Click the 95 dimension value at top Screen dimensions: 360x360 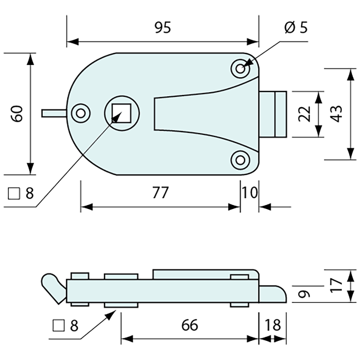click(x=163, y=28)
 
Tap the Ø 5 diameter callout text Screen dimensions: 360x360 click(x=296, y=28)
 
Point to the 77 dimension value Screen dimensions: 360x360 click(x=160, y=193)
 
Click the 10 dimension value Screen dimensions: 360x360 click(x=250, y=193)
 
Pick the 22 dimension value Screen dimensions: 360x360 click(x=304, y=114)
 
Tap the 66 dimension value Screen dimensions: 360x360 click(x=189, y=325)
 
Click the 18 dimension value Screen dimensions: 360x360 click(x=273, y=325)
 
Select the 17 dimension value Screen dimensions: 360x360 click(x=337, y=285)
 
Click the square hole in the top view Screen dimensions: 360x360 click(x=122, y=113)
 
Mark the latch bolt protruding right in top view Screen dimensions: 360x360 click(x=273, y=114)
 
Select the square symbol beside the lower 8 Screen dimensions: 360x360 click(x=59, y=325)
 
